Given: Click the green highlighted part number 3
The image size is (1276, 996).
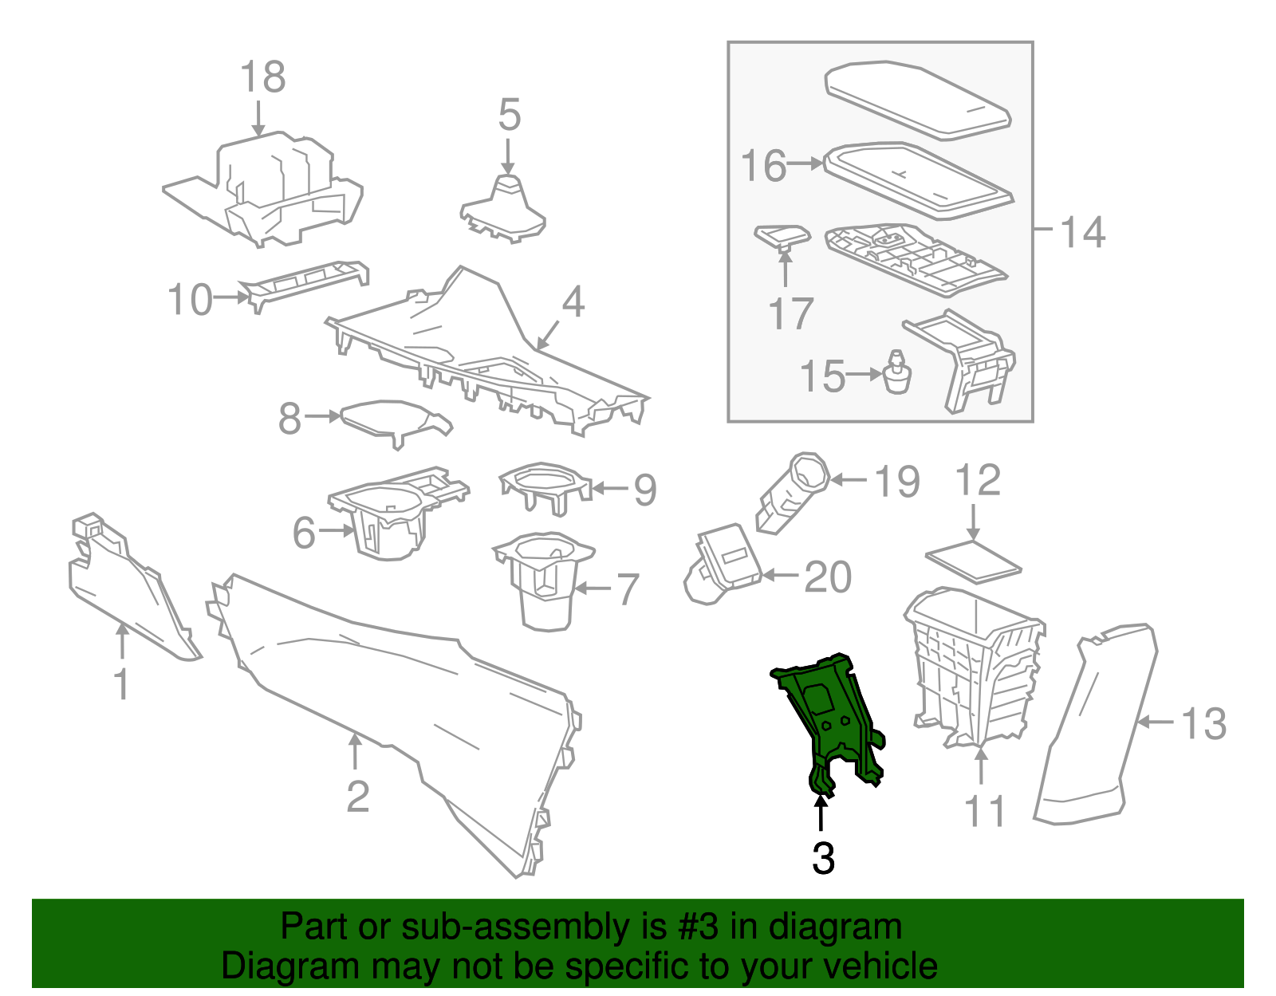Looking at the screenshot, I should click(x=829, y=718).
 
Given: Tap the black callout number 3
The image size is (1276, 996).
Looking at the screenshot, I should click(x=823, y=859).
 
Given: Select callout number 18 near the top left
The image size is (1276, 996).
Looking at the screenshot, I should click(x=262, y=77).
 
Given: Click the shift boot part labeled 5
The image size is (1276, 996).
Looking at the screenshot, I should click(x=504, y=209).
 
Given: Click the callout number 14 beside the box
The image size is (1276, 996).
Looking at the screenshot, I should click(x=1082, y=232).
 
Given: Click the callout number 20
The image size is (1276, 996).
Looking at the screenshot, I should click(x=828, y=577).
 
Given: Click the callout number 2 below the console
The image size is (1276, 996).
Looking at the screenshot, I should click(x=357, y=796).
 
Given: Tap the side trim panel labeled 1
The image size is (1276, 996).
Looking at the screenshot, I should click(x=128, y=590).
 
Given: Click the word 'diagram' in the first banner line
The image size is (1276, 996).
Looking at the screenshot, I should click(x=851, y=927).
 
